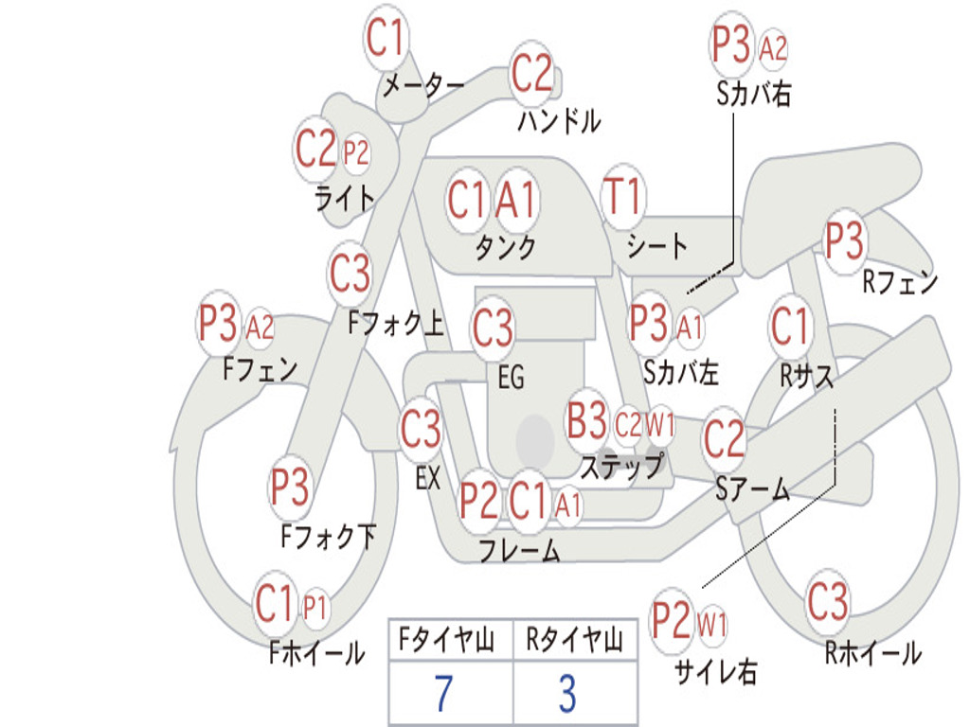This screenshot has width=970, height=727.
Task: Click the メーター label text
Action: pos(422,86)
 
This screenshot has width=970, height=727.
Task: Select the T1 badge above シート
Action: pos(622,197)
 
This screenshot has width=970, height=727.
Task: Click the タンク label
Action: pos(506,247)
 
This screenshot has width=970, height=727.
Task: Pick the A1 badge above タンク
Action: pos(516,200)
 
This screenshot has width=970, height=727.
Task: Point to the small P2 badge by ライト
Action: pos(355,152)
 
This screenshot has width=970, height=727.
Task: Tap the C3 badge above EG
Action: pos(493,328)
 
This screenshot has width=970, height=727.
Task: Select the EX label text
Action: pos(427,478)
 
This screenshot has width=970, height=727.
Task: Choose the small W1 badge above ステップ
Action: pos(660,426)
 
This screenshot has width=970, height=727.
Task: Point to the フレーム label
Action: pos(519,550)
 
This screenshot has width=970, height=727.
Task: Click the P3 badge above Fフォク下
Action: pos(290,487)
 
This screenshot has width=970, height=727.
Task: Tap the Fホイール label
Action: pos(316,652)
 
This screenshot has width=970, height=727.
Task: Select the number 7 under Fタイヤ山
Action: pos(442,694)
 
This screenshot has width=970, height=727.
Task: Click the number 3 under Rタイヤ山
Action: pos(566,694)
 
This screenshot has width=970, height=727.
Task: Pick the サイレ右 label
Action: pos(715,671)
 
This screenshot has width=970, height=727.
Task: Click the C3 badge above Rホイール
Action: pos(828,602)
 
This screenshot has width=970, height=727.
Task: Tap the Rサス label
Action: pos(806,376)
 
